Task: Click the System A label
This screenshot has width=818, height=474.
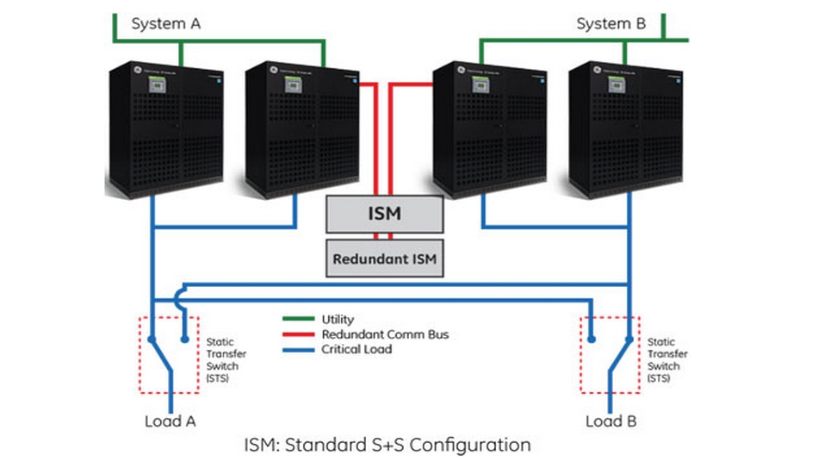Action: pyautogui.click(x=165, y=24)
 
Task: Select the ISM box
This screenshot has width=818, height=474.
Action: pyautogui.click(x=384, y=214)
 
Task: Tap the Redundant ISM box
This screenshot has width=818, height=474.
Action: pyautogui.click(x=385, y=258)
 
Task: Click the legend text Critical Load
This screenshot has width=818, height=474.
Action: pyautogui.click(x=358, y=349)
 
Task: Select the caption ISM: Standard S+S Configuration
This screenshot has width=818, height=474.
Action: pyautogui.click(x=387, y=446)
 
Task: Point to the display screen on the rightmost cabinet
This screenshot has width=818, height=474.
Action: pyautogui.click(x=617, y=84)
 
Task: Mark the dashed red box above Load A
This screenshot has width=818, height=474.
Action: pyautogui.click(x=170, y=355)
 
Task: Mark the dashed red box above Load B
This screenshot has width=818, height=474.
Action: pyautogui.click(x=610, y=355)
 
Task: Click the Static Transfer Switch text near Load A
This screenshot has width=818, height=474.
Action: pyautogui.click(x=223, y=352)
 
